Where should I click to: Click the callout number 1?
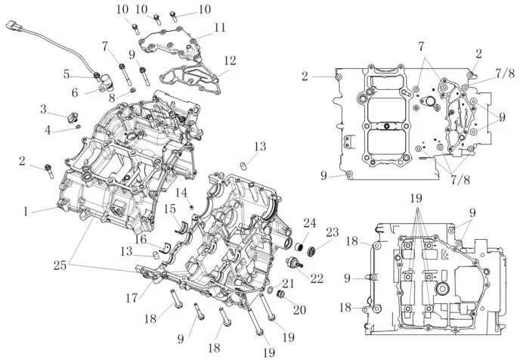26,212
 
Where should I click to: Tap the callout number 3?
44,110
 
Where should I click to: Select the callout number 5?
67,74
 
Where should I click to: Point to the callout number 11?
220,28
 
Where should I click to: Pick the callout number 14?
182,192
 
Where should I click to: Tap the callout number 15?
171,209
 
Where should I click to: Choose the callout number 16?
141,239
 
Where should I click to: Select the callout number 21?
288,283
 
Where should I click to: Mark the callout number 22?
317,278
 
